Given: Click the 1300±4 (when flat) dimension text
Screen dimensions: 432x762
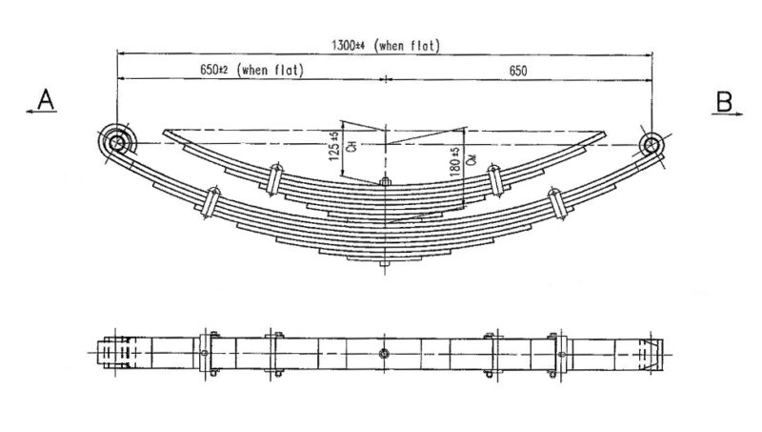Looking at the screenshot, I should (385, 45).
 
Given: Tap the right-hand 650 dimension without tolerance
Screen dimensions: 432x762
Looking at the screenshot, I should (517, 69).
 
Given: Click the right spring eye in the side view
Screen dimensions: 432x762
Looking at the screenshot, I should (652, 145).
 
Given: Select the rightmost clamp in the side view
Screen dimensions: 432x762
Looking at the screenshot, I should (553, 204).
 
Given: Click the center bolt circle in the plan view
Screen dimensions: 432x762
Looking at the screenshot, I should (383, 354).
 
